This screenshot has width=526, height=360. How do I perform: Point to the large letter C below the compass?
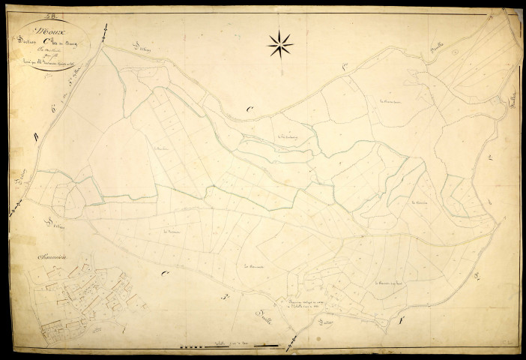pyautogui.click(x=249, y=110)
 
